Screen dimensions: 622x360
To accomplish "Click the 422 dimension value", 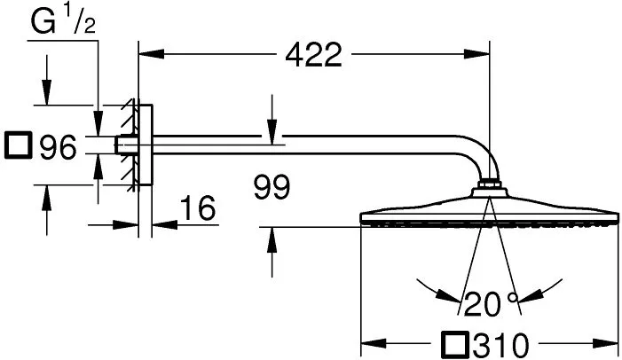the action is pos(313,55).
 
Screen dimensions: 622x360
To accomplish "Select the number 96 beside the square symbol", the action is pos(58,147).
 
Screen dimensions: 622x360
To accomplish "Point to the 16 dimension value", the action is pos(198,207).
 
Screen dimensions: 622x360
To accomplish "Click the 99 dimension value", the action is pos(272,187).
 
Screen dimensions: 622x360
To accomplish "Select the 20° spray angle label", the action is pos(491,304).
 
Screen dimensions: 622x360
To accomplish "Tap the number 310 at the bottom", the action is pos(500,345).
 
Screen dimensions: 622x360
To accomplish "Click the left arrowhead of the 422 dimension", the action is pos(151,54).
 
